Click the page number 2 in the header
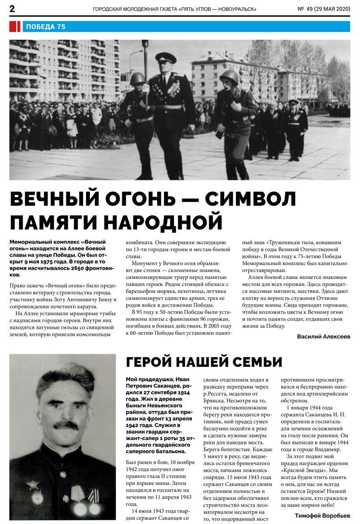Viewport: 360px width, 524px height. click(12, 9)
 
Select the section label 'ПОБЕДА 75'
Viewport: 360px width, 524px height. click(45, 27)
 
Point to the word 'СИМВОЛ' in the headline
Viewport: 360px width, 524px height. click(251, 200)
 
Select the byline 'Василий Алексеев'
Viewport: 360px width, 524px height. click(323, 337)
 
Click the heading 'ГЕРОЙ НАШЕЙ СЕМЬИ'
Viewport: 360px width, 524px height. click(204, 362)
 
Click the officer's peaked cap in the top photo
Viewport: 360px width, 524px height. click(166, 57)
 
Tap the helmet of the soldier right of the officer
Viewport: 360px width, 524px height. click(229, 76)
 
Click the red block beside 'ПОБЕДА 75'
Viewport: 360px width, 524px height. click(14, 27)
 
